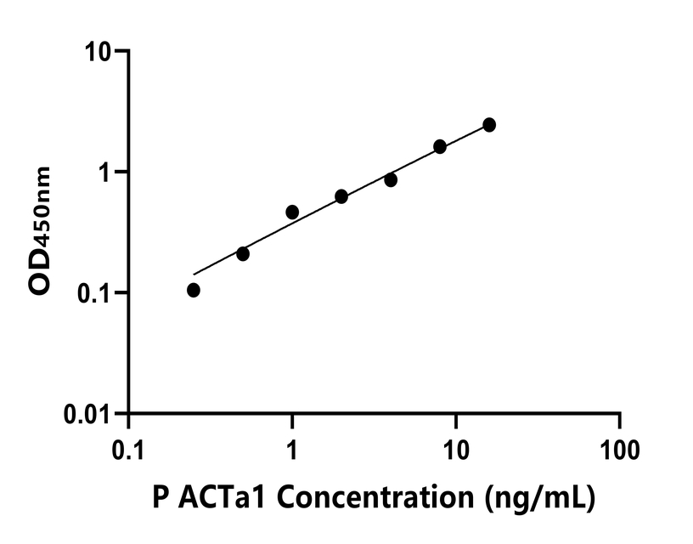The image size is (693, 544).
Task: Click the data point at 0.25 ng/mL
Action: (194, 290)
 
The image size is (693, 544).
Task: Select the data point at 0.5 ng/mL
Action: (243, 253)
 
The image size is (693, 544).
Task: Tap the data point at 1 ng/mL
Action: (292, 212)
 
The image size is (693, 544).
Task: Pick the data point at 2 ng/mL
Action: (341, 196)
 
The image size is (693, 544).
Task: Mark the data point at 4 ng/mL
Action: (391, 179)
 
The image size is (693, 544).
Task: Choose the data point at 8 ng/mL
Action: (440, 146)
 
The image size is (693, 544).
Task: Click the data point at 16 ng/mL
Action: (489, 125)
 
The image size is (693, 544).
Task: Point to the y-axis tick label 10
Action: (100, 52)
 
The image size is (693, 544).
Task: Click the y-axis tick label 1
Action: (108, 173)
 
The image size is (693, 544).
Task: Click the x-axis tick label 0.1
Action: (128, 447)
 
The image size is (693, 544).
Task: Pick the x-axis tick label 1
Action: (292, 447)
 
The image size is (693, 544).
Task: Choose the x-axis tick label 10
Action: (456, 447)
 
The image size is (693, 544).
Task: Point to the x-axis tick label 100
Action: (620, 447)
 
